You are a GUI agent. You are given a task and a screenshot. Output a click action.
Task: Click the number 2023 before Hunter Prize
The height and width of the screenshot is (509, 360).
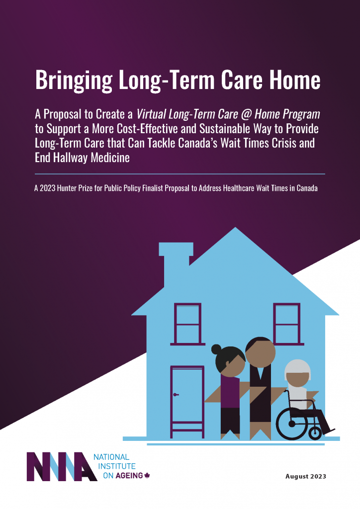coord(52,189)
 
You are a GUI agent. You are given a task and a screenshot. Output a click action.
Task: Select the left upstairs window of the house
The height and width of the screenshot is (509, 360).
coord(187,324)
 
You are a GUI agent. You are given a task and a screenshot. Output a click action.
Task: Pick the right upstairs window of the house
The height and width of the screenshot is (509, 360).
coord(286,324)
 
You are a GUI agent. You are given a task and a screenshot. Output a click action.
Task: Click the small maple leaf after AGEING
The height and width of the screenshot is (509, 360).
coord(147,476)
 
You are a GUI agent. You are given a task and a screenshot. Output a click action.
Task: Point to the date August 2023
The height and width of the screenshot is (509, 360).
coord(305,476)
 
